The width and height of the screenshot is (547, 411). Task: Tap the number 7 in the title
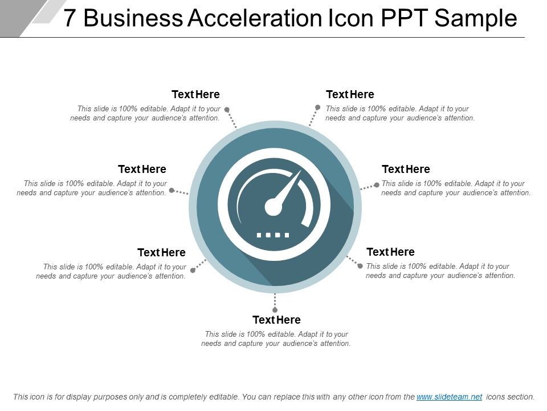pyautogui.click(x=69, y=19)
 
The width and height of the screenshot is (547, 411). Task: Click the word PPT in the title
pyautogui.click(x=401, y=19)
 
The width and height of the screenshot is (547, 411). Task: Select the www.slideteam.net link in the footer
pyautogui.click(x=449, y=397)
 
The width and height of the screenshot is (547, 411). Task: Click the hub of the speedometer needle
pyautogui.click(x=273, y=207)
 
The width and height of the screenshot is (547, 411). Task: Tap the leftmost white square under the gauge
pyautogui.click(x=259, y=235)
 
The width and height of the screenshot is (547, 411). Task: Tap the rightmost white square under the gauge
pyautogui.click(x=287, y=235)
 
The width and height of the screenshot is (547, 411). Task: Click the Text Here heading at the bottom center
pyautogui.click(x=276, y=320)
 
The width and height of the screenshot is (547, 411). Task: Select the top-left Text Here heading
pyautogui.click(x=195, y=94)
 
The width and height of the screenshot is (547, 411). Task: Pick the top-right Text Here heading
pyautogui.click(x=350, y=94)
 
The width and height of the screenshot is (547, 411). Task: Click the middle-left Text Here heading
pyautogui.click(x=142, y=169)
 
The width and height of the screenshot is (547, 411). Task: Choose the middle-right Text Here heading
pyautogui.click(x=406, y=169)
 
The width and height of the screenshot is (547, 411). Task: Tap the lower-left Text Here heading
pyautogui.click(x=161, y=252)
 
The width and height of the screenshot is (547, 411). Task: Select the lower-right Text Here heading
pyautogui.click(x=390, y=252)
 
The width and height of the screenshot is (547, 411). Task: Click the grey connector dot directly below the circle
pyautogui.click(x=275, y=310)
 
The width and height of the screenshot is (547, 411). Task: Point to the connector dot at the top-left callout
pyautogui.click(x=227, y=109)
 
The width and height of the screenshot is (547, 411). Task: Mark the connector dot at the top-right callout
pyautogui.click(x=318, y=107)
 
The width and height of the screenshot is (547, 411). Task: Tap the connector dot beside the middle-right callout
pyautogui.click(x=377, y=185)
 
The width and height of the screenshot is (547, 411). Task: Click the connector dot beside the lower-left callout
pyautogui.click(x=193, y=270)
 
